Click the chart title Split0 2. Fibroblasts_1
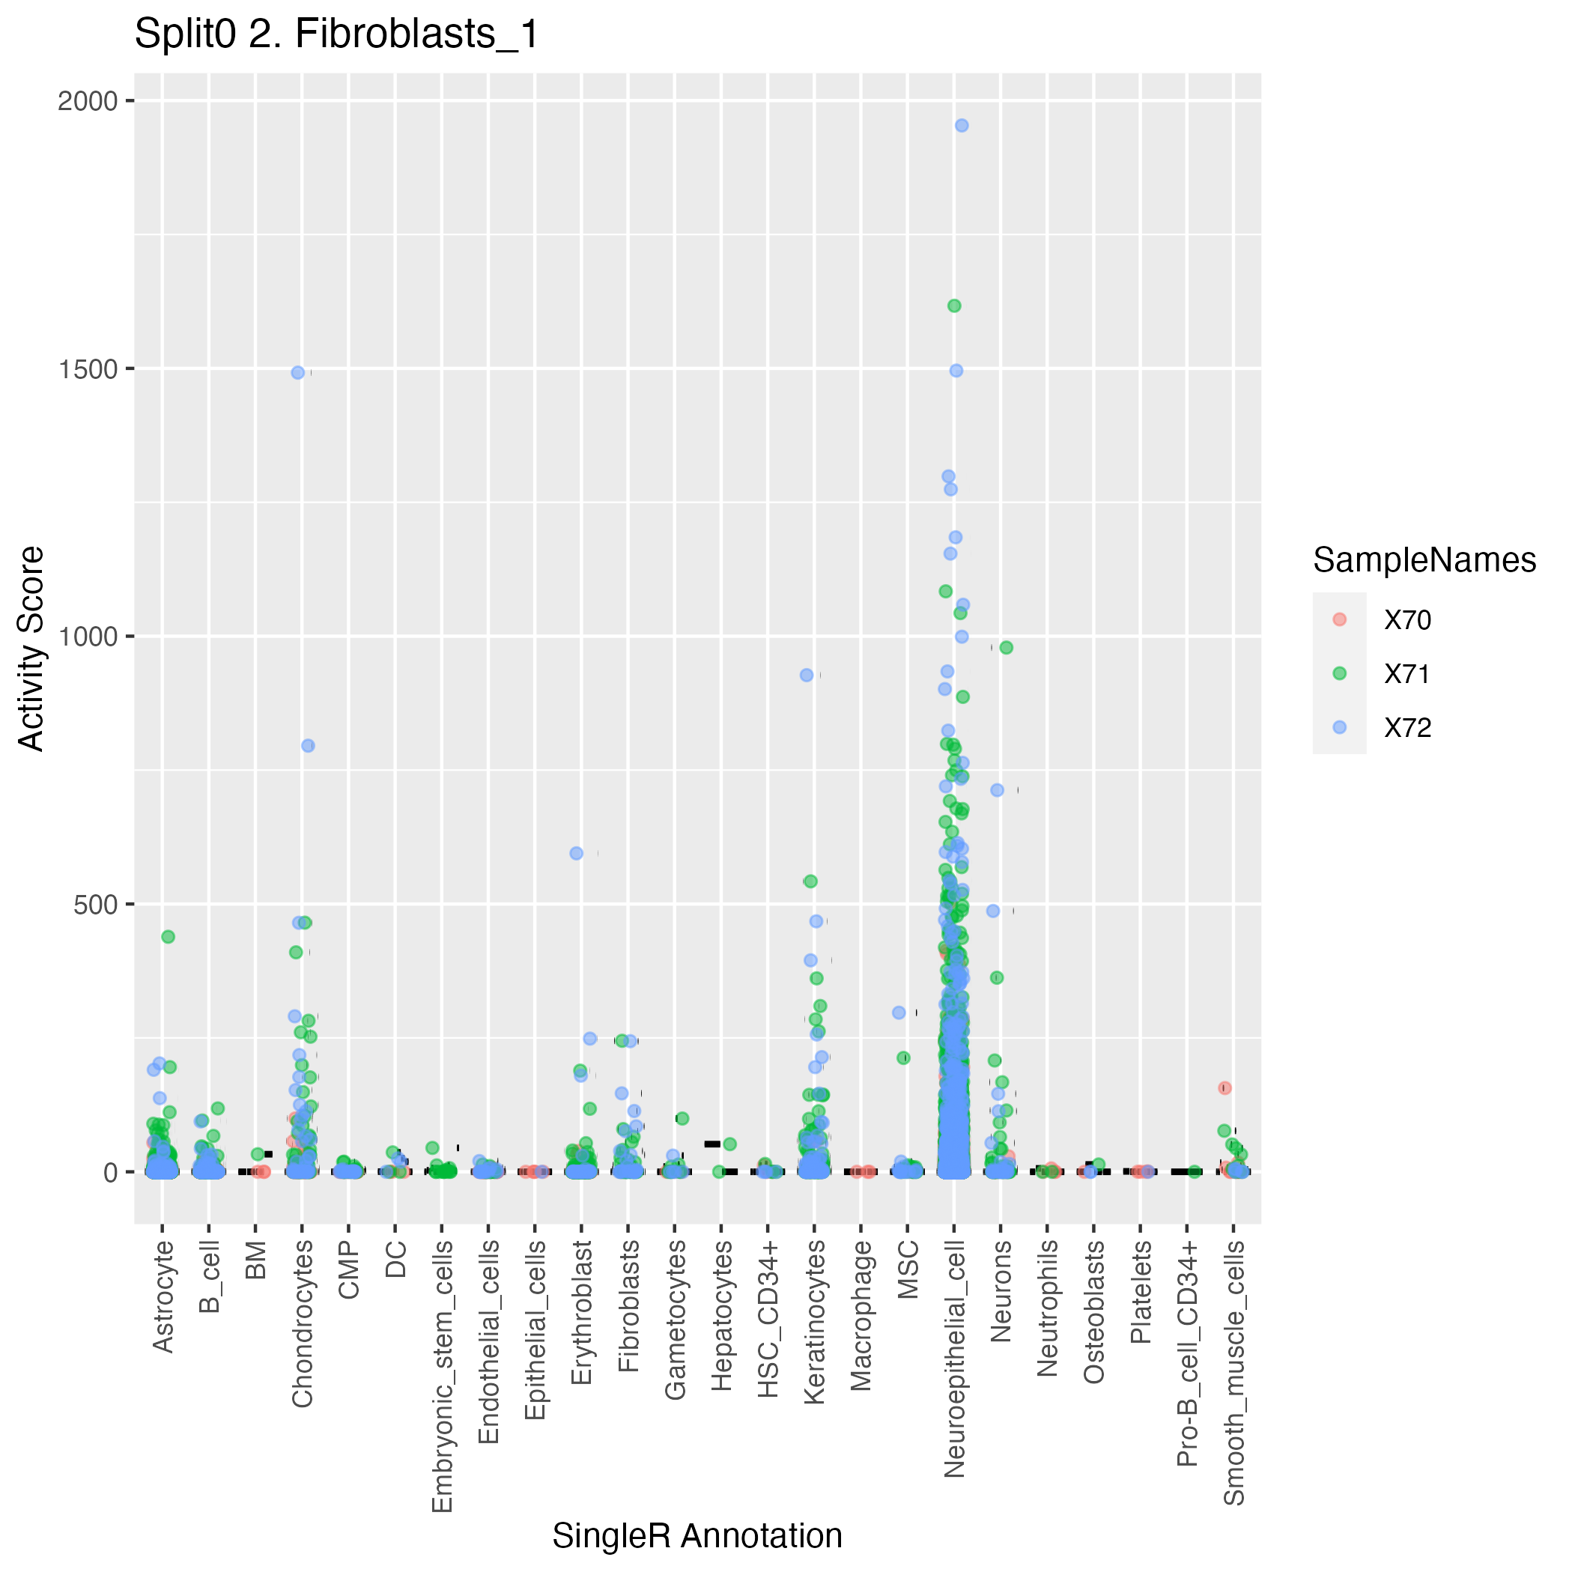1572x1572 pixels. tap(336, 35)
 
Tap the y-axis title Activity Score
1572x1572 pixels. tap(31, 649)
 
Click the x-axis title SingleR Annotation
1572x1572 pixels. tap(697, 1535)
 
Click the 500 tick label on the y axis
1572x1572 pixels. tap(95, 904)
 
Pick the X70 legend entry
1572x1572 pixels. tap(1406, 620)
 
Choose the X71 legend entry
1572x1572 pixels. tap(1406, 674)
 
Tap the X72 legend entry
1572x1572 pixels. tap(1406, 727)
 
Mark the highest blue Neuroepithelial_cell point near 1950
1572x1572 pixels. tap(961, 125)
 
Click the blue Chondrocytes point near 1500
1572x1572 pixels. tap(298, 373)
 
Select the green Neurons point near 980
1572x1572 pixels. tap(1006, 648)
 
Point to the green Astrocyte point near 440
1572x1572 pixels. tap(168, 936)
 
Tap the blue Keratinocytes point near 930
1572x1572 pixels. tap(807, 675)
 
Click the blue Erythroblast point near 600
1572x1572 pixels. tap(576, 854)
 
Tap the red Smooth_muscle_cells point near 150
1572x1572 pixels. tap(1224, 1088)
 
